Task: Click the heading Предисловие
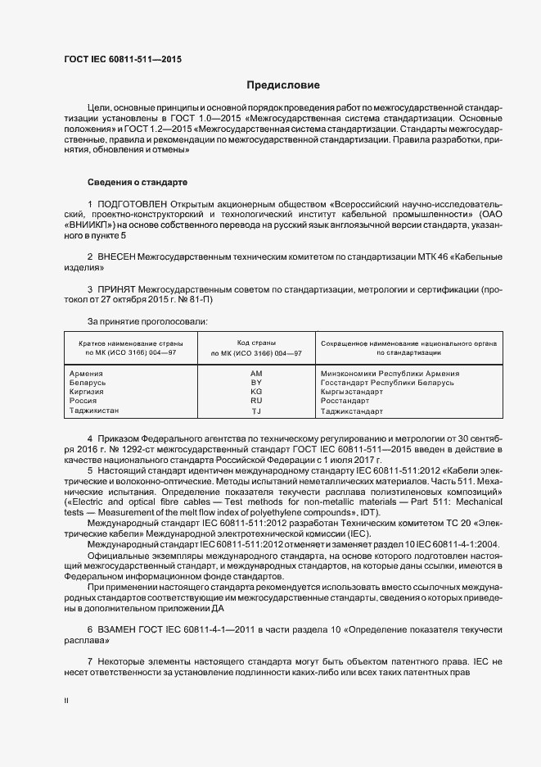(283, 85)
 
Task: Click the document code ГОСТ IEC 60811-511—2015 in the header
(122, 60)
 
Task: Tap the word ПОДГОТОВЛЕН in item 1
(135, 202)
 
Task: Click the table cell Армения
(88, 374)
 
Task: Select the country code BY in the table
(255, 383)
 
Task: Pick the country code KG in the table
(255, 392)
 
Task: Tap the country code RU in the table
(255, 401)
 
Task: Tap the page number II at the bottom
(66, 701)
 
